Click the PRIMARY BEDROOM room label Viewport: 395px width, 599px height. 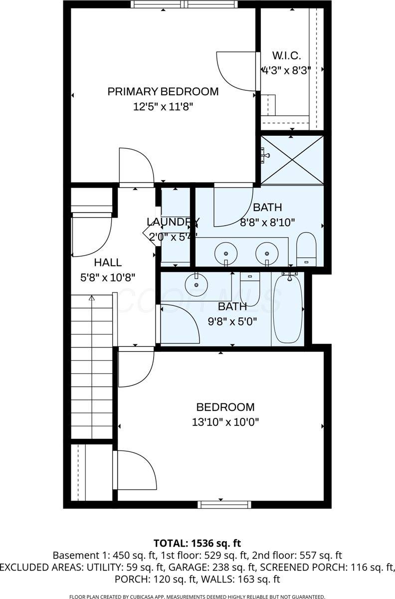163,91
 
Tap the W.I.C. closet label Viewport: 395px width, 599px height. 286,55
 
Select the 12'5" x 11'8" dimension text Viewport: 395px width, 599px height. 163,107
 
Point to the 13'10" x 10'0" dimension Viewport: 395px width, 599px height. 225,422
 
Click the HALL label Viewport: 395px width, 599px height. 108,263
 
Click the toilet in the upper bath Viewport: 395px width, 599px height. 306,249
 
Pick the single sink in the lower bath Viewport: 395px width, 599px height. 197,284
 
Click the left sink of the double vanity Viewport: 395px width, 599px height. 226,254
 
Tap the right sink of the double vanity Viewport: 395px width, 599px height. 267,254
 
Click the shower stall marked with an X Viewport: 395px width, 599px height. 292,160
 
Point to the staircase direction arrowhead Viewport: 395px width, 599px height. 92,298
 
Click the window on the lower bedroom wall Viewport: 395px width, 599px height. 224,505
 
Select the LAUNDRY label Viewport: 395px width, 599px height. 173,222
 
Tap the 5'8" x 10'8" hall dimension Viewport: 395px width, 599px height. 108,278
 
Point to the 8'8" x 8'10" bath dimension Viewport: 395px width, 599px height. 267,222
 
